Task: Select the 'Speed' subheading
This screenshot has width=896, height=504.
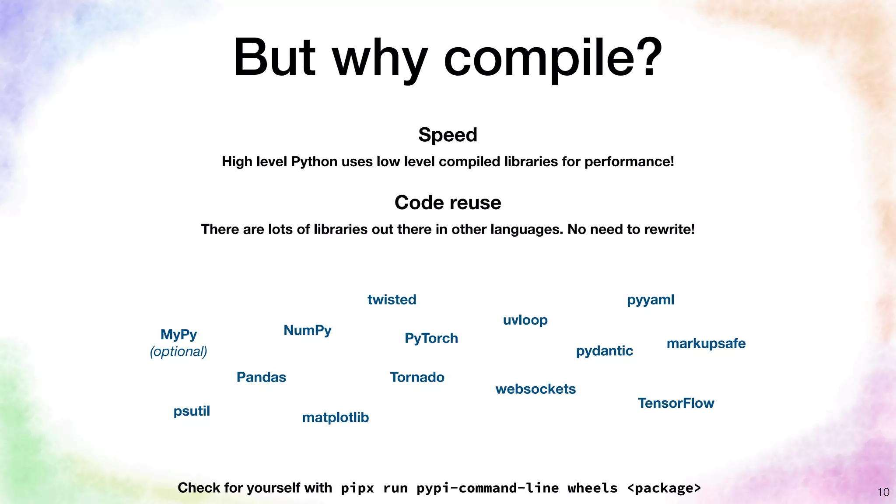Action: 448,135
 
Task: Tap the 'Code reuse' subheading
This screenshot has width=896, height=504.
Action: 448,203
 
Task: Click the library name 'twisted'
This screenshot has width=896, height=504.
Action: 392,300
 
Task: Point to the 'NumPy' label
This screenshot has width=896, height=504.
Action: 307,330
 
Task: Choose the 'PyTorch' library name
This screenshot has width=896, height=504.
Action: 431,338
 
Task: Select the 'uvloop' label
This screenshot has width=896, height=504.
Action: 525,320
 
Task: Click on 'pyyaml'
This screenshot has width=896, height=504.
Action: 651,300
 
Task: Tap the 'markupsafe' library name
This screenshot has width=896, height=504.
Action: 706,343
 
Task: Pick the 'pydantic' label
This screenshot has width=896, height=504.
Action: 604,351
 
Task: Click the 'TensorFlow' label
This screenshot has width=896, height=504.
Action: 675,403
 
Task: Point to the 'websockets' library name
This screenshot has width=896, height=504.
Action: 535,389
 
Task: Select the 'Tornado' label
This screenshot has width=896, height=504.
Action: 417,377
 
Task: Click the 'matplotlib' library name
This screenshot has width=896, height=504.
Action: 335,417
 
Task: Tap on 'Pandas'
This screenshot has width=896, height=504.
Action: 261,377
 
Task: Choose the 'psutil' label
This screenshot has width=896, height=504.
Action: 192,411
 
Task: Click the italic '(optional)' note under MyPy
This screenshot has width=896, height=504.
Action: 178,351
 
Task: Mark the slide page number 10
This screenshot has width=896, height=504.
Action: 883,492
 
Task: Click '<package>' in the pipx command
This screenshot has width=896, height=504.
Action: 664,488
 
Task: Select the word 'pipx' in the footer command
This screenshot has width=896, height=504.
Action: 357,488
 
